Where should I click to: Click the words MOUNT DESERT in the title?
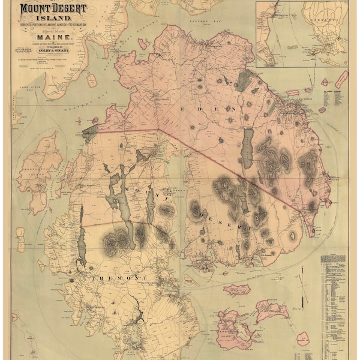(x=53, y=9)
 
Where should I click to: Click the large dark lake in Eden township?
(x=247, y=148)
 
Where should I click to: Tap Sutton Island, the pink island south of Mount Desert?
(x=236, y=290)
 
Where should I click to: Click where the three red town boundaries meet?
(x=158, y=129)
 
